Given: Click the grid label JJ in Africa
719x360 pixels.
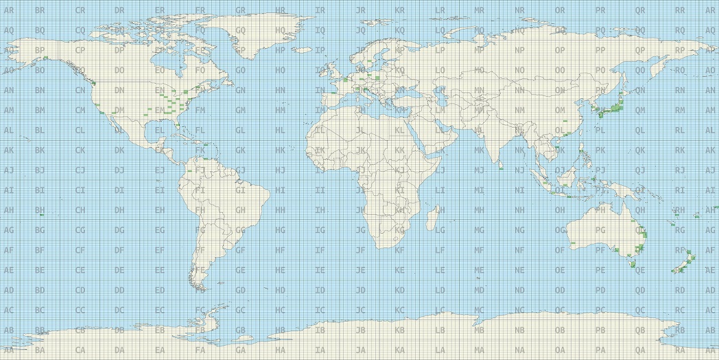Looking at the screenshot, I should tap(359, 170).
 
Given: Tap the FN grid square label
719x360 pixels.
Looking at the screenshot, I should tap(200, 91).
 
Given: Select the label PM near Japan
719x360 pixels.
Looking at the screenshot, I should tap(600, 110).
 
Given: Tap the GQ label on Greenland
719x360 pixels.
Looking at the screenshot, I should tap(239, 31).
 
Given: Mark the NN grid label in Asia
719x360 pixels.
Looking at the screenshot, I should tap(519, 91).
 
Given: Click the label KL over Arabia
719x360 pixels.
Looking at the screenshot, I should tap(399, 130).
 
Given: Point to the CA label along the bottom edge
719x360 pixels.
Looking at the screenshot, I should tap(80, 350).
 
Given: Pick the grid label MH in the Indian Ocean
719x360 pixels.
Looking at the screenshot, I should tap(480, 211).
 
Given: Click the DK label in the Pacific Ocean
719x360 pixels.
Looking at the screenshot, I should tap(119, 150).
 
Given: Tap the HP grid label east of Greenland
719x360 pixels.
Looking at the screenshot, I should tap(279, 51).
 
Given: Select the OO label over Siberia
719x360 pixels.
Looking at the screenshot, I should tap(559, 71).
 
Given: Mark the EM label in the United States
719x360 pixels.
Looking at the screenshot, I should tap(160, 110).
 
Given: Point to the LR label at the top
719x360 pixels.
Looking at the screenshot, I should tap(439, 11).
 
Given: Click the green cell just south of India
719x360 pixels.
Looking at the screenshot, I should tap(502, 166).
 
